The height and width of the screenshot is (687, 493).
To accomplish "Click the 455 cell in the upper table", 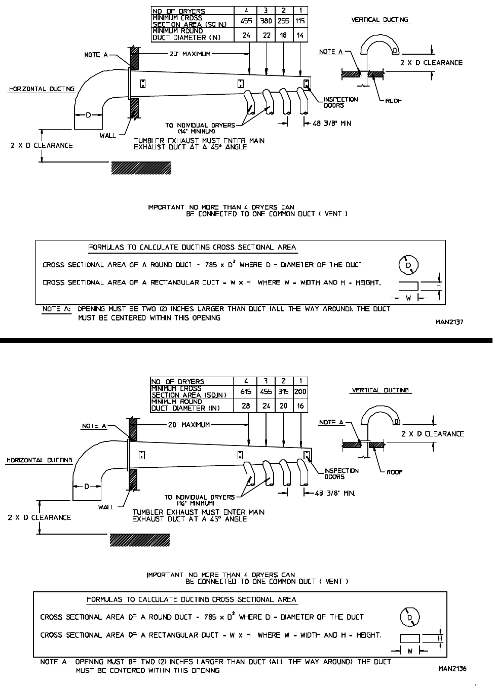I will [246, 21].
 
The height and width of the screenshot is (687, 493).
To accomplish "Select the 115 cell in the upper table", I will [300, 21].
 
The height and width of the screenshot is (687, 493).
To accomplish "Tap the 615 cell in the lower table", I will [246, 392].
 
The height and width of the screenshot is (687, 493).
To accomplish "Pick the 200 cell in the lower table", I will [300, 392].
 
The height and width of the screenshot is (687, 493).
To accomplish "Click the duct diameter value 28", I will [246, 406].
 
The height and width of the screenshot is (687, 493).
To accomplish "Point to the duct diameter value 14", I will [300, 35].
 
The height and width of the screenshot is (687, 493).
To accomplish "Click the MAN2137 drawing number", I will [449, 321].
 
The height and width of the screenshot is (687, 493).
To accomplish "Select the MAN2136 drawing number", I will [452, 669].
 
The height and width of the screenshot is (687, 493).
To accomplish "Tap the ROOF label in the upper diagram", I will [393, 101].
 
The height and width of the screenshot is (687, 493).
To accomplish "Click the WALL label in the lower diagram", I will [106, 507].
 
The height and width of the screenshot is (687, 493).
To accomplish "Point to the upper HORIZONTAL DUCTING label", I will [42, 89].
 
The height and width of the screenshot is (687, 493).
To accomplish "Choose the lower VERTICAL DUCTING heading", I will [380, 390].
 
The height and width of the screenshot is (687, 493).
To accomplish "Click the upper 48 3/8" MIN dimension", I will [332, 123].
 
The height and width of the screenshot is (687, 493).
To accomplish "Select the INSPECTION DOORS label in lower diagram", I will [341, 474].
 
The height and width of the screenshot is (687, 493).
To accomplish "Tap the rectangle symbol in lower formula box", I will [409, 639].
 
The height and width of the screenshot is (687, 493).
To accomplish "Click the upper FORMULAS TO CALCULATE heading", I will [192, 248].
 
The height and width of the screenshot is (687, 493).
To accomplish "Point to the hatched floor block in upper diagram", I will [141, 168].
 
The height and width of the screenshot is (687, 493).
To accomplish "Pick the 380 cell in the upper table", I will [266, 21].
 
